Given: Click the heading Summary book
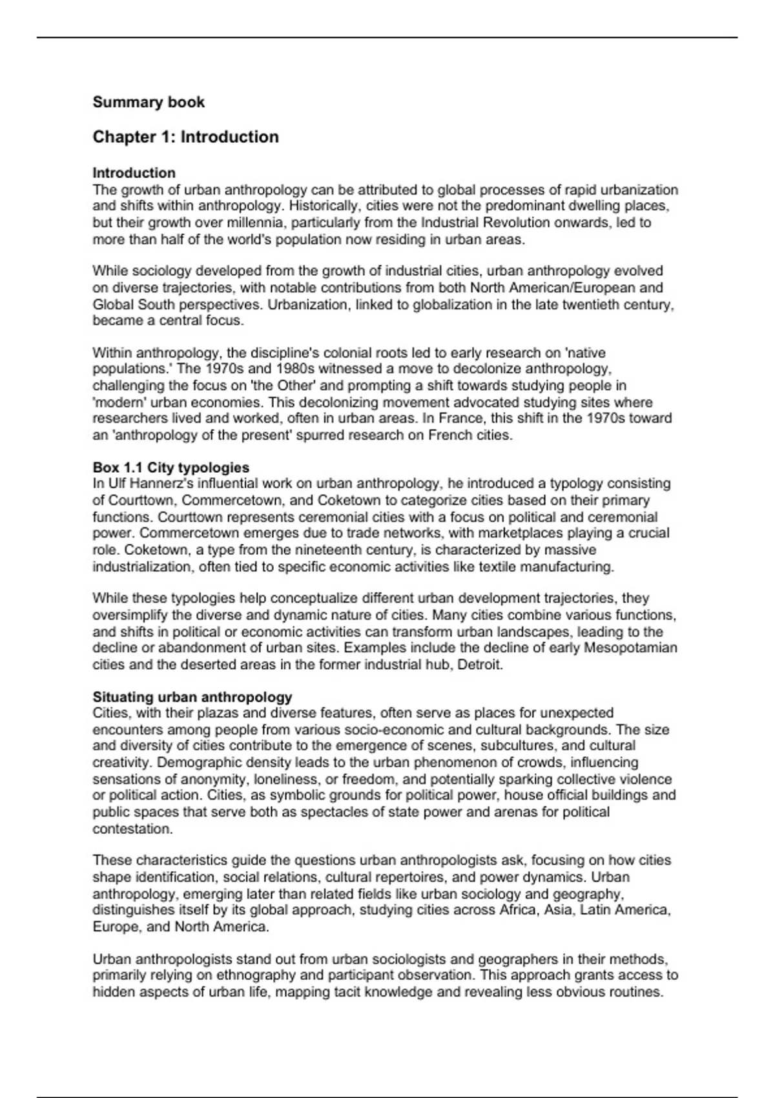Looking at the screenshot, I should (149, 102).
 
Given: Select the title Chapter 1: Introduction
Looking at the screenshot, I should (186, 137).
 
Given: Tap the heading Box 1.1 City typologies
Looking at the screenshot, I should (171, 467).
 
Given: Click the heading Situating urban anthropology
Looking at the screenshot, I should (192, 697).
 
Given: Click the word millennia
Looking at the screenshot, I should (254, 223).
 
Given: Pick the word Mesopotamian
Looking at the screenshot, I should (631, 648).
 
